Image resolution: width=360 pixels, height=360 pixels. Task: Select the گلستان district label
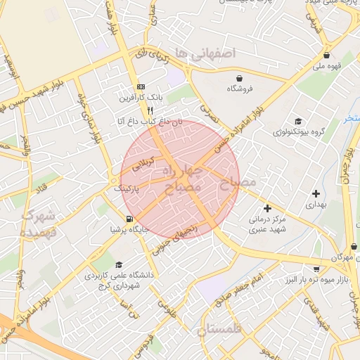(x=219, y=330)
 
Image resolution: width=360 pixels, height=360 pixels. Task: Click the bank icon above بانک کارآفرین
(x=141, y=85)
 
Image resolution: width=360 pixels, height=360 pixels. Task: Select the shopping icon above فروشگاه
(x=240, y=78)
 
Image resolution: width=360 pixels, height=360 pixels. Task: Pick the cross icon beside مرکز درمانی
(x=267, y=208)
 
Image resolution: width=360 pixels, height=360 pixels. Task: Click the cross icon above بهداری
(x=316, y=193)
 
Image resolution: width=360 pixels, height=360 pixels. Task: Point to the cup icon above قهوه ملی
(x=326, y=56)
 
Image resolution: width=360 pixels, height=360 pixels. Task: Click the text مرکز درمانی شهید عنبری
(x=268, y=224)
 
